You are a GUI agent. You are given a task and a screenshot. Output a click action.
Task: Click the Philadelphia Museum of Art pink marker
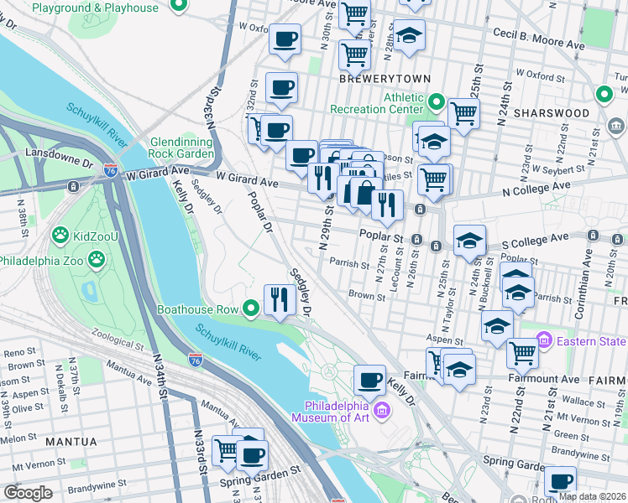coord(383,410)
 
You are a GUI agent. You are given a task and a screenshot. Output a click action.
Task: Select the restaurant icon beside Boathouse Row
coord(279,298)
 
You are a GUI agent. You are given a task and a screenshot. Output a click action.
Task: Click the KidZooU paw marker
coord(60,234)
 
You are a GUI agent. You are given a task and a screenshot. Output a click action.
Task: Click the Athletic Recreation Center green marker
coord(435,103)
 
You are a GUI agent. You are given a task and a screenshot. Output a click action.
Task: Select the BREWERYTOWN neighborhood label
coord(385,79)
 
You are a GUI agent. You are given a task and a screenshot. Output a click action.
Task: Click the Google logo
coord(28,492)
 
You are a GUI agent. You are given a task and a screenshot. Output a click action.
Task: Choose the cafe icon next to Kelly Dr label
coord(369,380)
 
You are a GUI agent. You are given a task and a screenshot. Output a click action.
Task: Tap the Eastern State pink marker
coord(543,341)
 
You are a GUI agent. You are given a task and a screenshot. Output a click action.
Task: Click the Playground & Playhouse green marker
coord(177,8)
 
